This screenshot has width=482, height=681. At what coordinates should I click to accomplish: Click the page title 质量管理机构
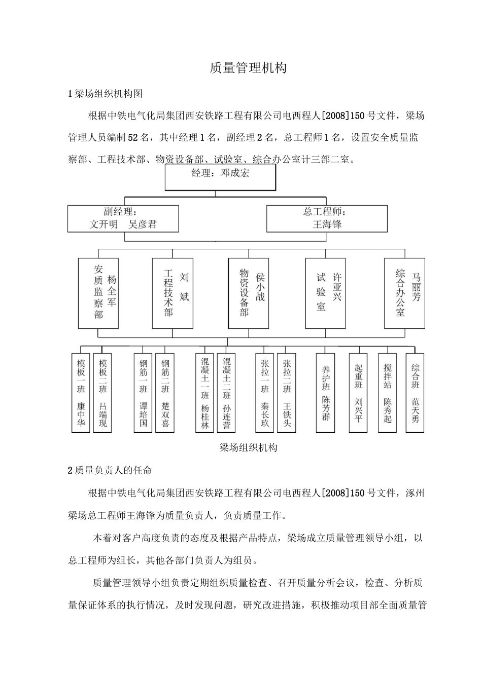pos(248,68)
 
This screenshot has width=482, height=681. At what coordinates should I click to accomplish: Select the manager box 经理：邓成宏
pos(220,177)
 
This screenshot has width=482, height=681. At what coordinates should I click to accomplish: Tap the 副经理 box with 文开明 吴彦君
pos(123,218)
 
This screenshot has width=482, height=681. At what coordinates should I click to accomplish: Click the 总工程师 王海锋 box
pos(327,218)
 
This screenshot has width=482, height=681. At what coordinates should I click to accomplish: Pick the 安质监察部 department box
pos(98,293)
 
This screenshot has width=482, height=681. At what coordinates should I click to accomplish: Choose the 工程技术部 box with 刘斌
pos(173,293)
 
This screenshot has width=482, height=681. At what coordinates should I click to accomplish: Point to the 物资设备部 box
pos(248,293)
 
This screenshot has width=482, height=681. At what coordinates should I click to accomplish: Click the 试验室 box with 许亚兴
pos(325,293)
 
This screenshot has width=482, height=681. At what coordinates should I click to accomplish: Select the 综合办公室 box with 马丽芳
pos(404,293)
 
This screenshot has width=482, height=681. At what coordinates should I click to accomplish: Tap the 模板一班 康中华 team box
pos(81,393)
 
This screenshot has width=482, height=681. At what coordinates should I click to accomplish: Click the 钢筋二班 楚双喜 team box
pos(165,393)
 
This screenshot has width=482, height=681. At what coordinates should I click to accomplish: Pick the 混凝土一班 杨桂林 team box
pos(204,393)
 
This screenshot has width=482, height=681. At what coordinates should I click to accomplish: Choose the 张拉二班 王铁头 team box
pos(287,393)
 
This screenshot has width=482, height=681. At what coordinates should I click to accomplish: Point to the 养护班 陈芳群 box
pos(326,393)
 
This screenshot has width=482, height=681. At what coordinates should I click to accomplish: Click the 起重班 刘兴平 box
pos(358,393)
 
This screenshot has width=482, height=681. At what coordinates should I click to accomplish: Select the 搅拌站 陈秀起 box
pos(388,393)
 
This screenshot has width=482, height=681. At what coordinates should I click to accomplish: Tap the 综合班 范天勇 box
pos(415,393)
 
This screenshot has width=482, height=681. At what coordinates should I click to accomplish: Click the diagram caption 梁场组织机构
pos(248,448)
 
